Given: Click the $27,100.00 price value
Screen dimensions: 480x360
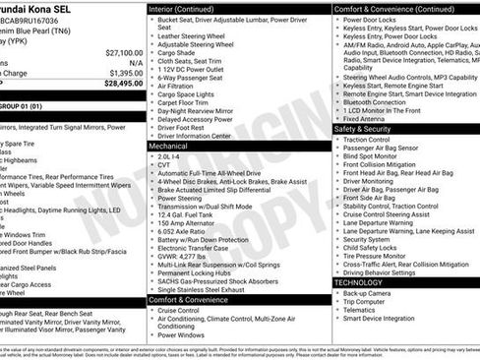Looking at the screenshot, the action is pos(123,52).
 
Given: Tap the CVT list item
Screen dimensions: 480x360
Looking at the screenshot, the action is pos(165,164).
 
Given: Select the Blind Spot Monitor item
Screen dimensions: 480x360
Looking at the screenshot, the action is pos(371,156).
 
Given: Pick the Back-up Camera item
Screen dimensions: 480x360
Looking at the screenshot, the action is pos(367,293).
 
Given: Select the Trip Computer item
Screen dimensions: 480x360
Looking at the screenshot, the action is pos(366,302).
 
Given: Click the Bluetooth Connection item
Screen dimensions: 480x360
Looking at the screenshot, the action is pos(375,101).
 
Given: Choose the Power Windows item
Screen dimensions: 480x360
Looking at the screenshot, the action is pos(182,334).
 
